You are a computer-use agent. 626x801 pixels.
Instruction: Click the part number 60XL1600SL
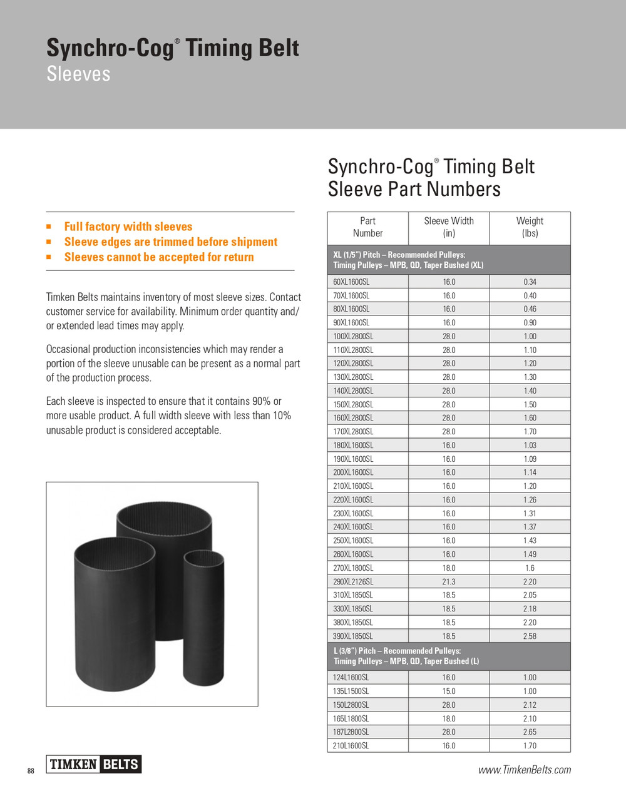351,282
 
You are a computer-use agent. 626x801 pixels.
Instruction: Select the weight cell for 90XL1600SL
530,323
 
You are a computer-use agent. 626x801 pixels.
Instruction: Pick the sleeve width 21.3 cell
449,582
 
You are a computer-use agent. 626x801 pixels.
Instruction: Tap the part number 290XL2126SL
353,582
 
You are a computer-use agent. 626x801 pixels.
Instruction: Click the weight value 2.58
530,636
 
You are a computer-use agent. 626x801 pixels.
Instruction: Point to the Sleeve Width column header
449,227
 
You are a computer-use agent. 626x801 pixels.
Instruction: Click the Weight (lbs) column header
530,227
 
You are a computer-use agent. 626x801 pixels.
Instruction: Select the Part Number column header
367,227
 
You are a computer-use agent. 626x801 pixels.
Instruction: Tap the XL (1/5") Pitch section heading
408,260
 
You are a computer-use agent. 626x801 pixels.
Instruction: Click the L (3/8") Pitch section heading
406,656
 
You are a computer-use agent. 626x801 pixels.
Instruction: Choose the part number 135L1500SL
351,691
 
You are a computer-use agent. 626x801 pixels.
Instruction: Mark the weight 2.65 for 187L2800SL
530,732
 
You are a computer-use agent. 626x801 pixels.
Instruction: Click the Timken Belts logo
94,764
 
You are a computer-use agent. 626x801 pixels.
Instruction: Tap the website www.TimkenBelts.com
525,770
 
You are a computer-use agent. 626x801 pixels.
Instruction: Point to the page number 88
31,771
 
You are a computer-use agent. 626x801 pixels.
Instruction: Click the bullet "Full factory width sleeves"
128,227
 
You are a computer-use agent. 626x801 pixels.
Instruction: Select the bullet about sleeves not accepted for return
159,257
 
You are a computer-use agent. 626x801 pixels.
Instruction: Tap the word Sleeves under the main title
78,74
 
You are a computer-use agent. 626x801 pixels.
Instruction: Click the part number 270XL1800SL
353,568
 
